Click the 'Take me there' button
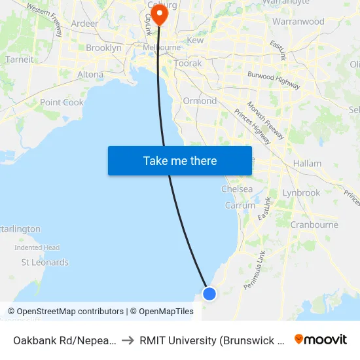(180, 161)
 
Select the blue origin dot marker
(209, 293)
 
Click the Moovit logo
(321, 339)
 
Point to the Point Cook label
(62, 102)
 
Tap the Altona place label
(90, 75)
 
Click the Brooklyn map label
(103, 48)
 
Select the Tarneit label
(19, 59)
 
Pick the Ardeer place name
(84, 24)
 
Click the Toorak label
(188, 64)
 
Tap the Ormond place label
(200, 101)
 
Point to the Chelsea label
(237, 189)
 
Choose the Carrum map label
(240, 205)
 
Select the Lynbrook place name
(301, 193)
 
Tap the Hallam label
(308, 163)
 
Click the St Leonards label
(45, 262)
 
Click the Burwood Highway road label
(274, 80)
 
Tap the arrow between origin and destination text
(128, 340)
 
